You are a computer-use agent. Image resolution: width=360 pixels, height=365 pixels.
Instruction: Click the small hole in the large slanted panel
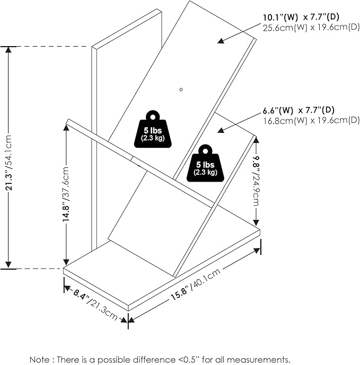coord(181,89)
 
